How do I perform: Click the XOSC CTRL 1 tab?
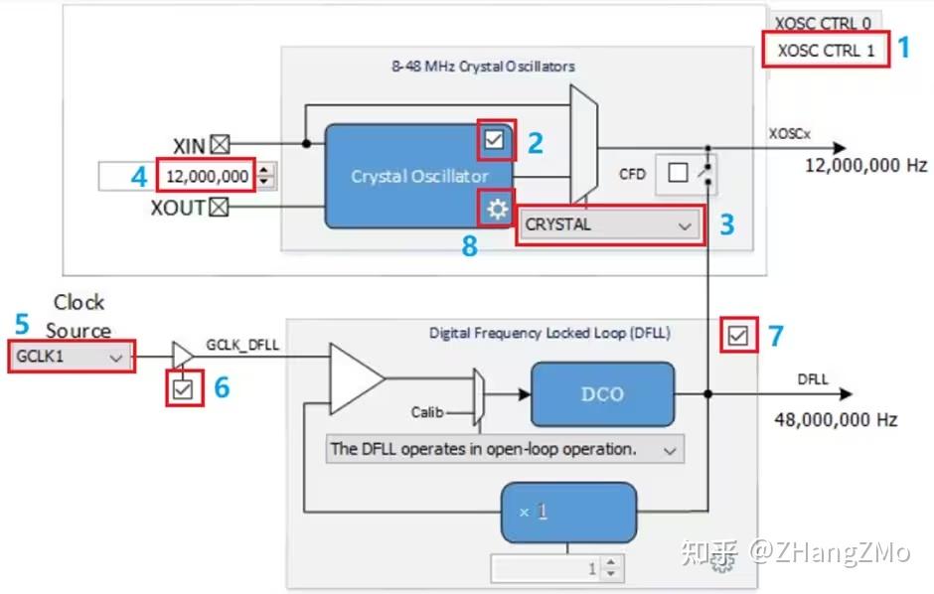(825, 51)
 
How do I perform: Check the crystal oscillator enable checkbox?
(495, 142)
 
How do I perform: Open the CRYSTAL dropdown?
(607, 225)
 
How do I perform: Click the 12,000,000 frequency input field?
(206, 177)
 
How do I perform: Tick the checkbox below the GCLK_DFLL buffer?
(182, 388)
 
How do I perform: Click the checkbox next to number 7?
(736, 337)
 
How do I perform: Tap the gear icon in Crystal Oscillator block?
(497, 209)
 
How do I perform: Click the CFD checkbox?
(678, 174)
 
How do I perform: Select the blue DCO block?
(602, 393)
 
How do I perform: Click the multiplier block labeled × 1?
(568, 512)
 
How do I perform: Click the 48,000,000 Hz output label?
(835, 420)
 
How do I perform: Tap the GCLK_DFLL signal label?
(243, 344)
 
